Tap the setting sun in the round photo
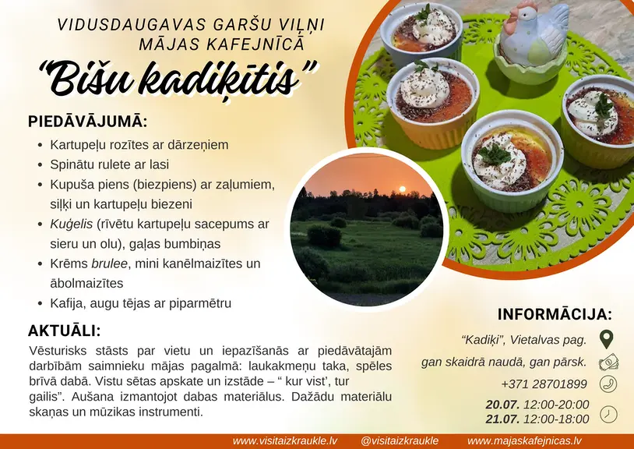pos(403,189)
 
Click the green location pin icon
pos(607,339)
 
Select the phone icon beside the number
pos(608,384)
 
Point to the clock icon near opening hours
pos(608,414)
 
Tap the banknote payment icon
pos(608,362)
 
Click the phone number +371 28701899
pos(544,384)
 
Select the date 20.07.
pos(503,404)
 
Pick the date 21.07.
pos(503,419)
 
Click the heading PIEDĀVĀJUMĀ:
pos(87,122)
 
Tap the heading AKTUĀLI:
pos(65,331)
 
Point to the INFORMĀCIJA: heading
pos(555,314)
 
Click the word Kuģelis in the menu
pos(72,224)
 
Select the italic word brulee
pos(110,263)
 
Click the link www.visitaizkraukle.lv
pos(285,441)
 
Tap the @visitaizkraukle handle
pos(399,441)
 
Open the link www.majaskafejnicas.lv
pos(525,441)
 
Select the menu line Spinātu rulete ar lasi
pos(110,164)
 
